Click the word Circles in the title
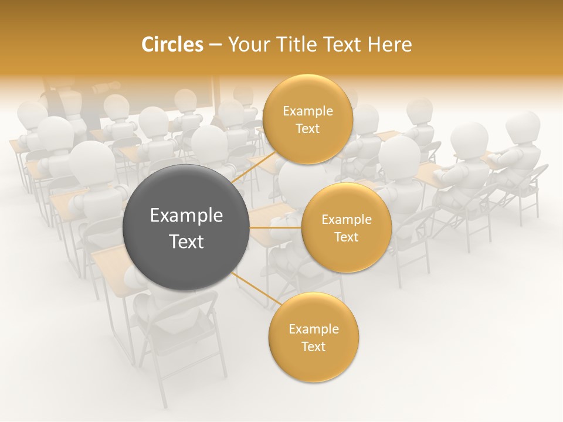172,45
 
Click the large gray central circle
186,227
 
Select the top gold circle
307,119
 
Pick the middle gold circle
346,227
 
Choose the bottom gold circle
313,337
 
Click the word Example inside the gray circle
186,215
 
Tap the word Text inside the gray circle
186,241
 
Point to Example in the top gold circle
307,111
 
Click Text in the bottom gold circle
313,346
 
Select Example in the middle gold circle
346,219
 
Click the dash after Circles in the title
215,45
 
